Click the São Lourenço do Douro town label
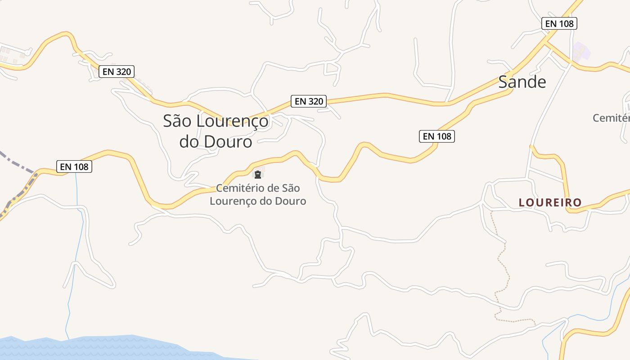[216, 131]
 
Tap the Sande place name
[522, 82]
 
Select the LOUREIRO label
[550, 202]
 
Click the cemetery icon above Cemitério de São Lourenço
[258, 175]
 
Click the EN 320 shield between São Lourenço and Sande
[309, 101]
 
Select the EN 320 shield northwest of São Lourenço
[117, 71]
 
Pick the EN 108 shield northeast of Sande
[559, 23]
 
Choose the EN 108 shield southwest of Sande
[437, 136]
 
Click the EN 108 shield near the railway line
[75, 166]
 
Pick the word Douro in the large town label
[228, 141]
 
